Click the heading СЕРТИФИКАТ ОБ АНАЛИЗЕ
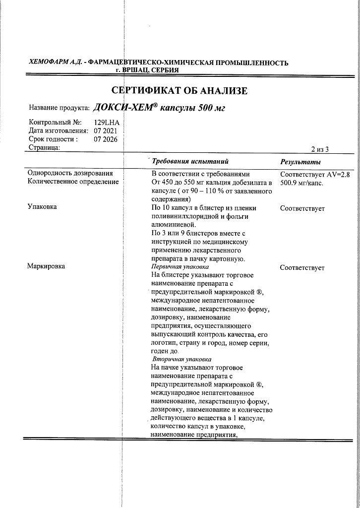point(179,91)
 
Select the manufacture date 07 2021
point(105,130)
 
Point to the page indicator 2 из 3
point(320,149)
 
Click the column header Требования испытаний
point(190,162)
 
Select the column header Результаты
point(300,162)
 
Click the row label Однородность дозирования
point(70,173)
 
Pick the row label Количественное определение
point(73,182)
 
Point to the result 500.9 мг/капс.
point(301,183)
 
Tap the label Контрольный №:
point(55,122)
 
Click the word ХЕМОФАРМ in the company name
point(50,63)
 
